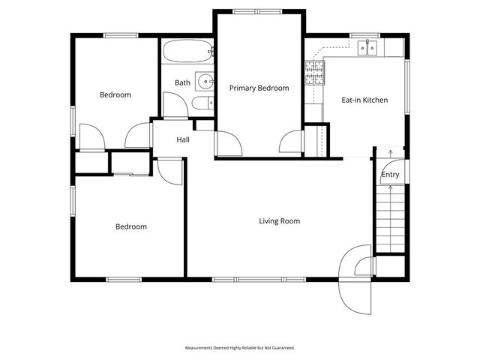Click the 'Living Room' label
click(279, 221)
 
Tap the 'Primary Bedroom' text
click(259, 88)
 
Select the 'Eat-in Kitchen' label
click(364, 100)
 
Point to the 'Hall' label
click(182, 139)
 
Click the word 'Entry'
click(390, 175)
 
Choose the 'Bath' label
click(182, 82)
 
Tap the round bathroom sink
click(204, 80)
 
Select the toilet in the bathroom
click(202, 103)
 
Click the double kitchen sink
click(367, 48)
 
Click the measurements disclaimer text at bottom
click(240, 348)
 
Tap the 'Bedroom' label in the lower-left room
click(130, 226)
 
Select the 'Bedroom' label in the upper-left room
click(115, 95)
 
